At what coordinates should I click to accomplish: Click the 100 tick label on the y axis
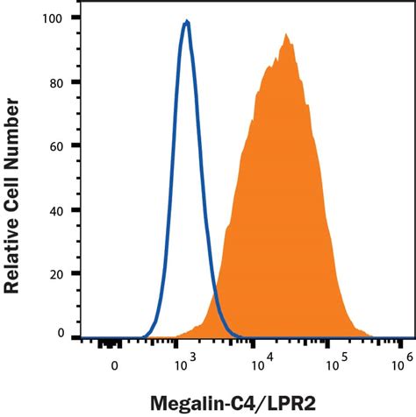coord(55,18)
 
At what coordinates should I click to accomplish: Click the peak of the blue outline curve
coord(186,22)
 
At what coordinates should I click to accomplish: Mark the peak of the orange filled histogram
coord(286,35)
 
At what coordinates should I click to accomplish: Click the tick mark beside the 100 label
coord(75,18)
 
